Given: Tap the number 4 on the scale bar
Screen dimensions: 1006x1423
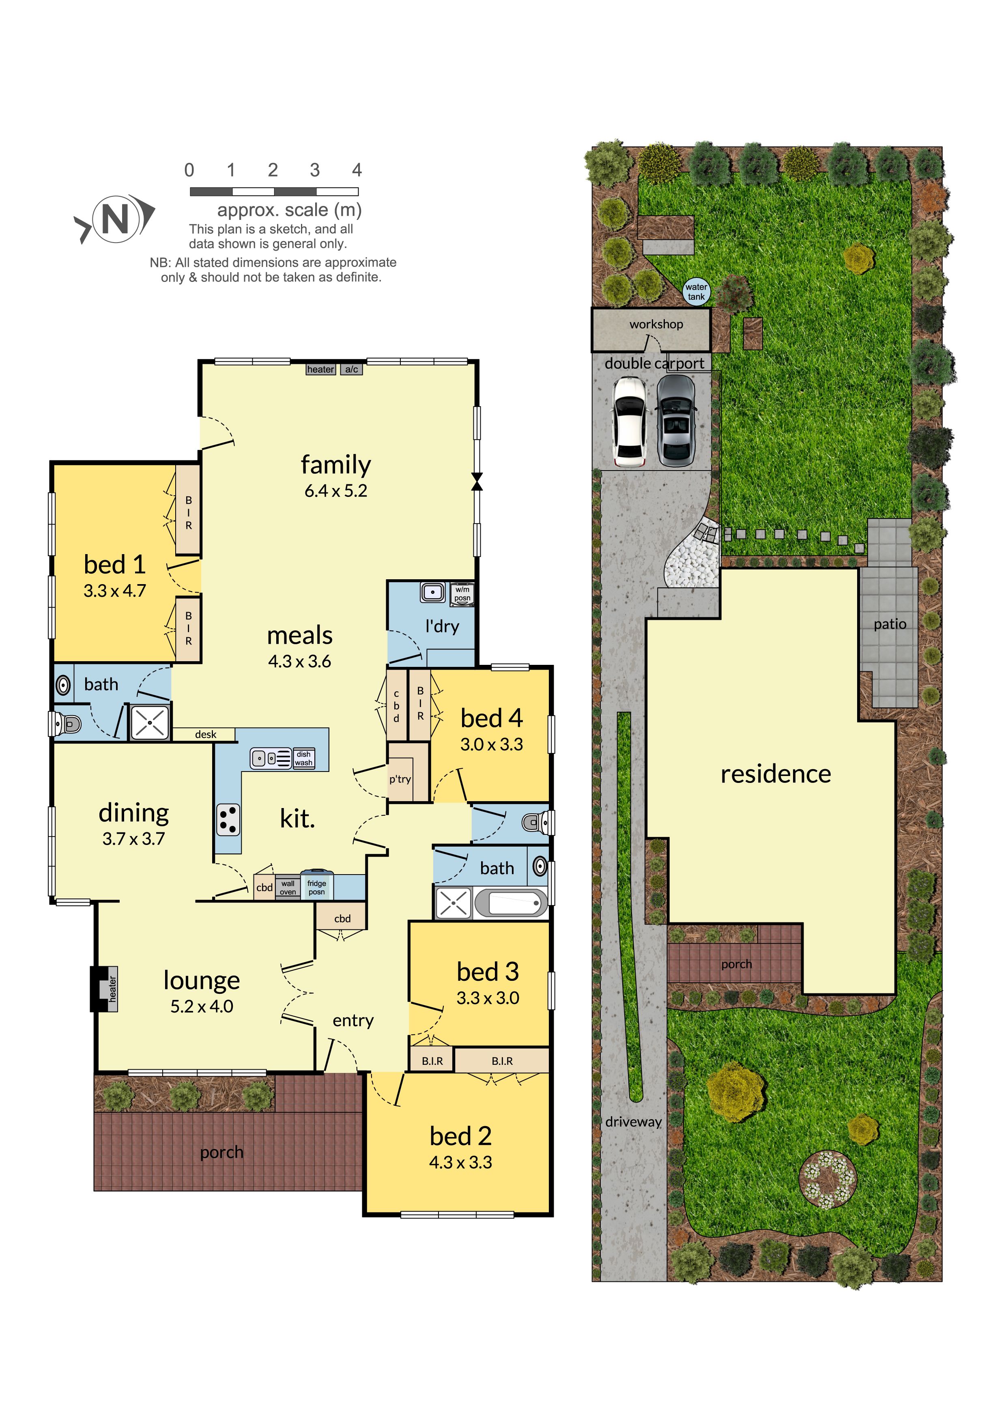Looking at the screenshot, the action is [357, 170].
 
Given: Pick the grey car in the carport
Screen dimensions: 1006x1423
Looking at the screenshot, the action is [676, 421].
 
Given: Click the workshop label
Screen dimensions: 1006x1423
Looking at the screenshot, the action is [656, 324].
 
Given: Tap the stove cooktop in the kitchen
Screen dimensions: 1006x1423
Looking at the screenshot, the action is [228, 819].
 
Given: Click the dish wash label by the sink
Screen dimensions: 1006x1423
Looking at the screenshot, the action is [304, 759].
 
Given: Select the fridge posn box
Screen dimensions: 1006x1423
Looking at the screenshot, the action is [317, 887].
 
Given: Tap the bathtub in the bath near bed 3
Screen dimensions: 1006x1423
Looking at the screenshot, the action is [512, 903].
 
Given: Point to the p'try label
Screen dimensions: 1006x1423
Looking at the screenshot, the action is [400, 779].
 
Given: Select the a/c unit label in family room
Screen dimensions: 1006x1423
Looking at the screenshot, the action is [351, 370].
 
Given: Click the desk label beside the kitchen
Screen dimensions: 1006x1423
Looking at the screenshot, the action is [206, 735].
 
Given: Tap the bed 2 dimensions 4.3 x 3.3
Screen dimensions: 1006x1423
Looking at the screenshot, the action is [460, 1162].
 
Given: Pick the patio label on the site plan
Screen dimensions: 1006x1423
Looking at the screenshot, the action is [890, 624].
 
